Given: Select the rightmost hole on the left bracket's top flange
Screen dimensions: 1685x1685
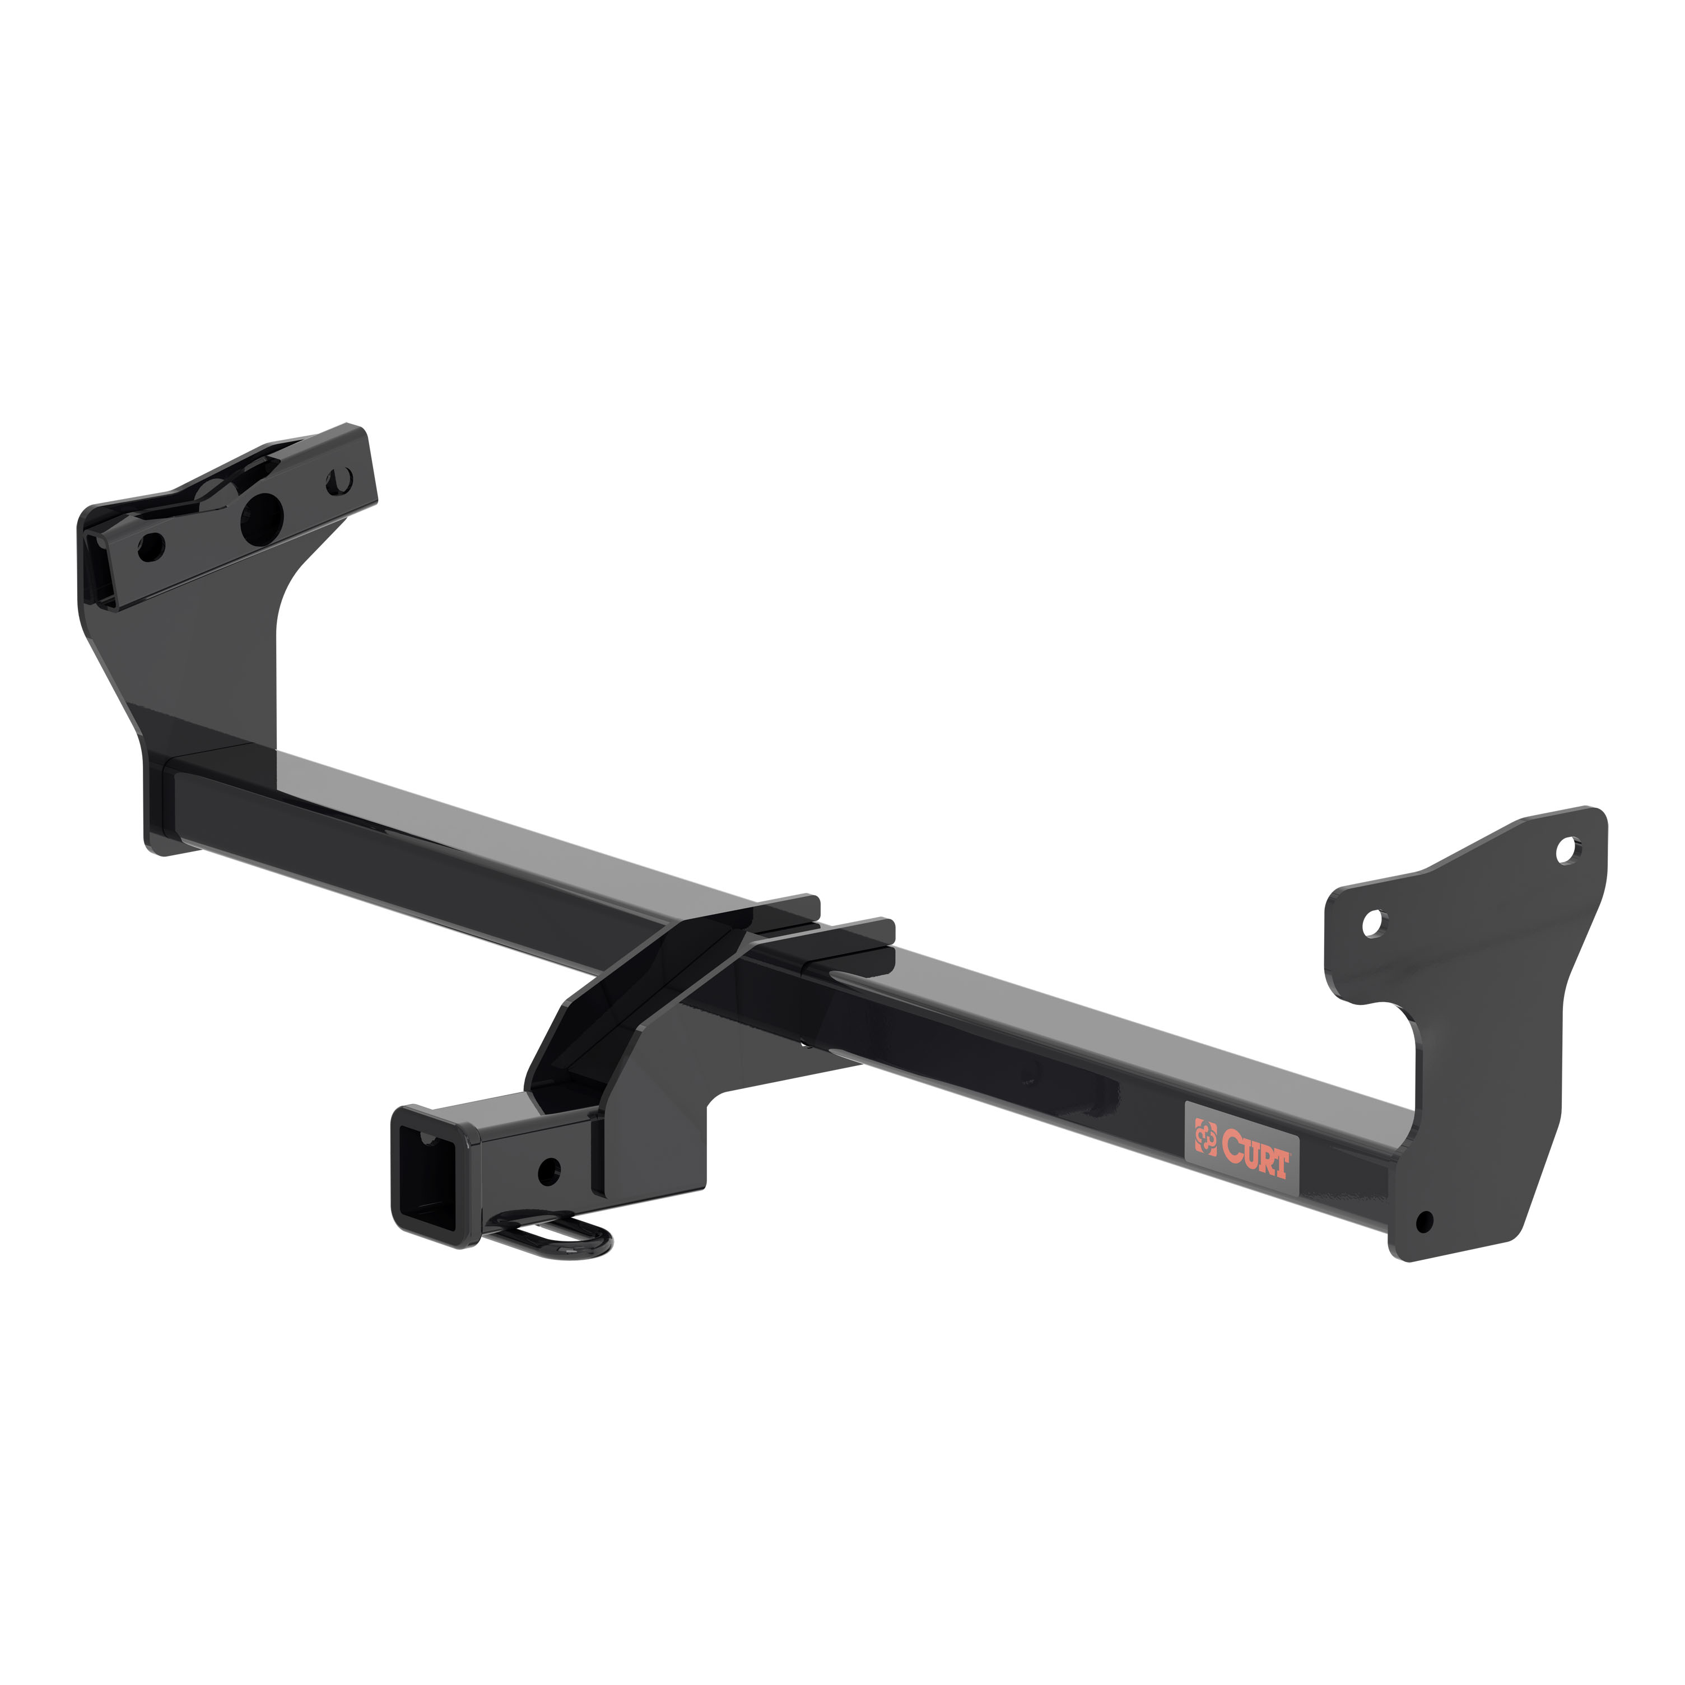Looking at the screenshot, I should click(x=342, y=479).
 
